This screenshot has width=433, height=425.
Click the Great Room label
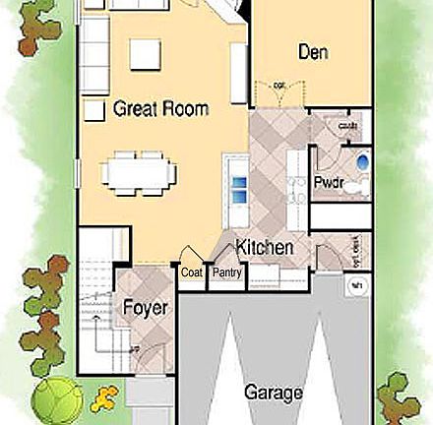160,108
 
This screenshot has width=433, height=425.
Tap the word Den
313,52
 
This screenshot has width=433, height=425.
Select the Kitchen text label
264,248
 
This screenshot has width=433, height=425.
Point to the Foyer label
145,308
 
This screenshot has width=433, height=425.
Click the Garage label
273,393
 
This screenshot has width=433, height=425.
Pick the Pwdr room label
328,183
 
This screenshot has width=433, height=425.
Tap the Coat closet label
191,273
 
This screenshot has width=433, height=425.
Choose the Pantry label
226,273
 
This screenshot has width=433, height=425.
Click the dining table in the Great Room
141,171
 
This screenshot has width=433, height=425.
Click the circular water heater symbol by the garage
357,286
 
